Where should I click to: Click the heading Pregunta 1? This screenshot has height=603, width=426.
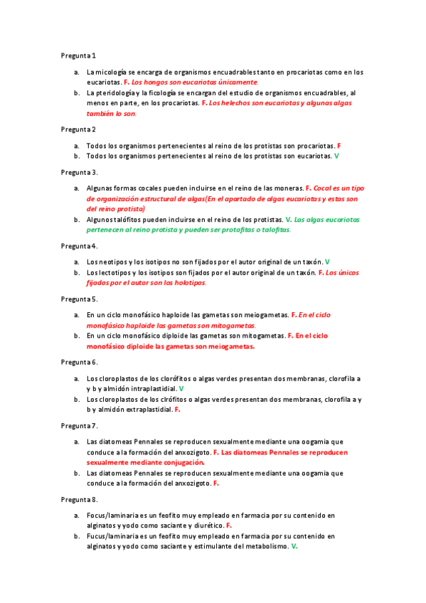click(x=78, y=55)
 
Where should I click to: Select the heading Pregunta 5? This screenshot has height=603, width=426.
click(x=79, y=299)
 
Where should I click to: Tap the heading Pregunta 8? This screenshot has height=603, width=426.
click(x=79, y=499)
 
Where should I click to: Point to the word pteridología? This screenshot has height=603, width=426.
click(x=117, y=92)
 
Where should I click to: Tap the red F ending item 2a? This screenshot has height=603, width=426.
click(x=339, y=144)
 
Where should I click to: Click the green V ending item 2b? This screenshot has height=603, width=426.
click(x=336, y=155)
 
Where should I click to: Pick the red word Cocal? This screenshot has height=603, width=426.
click(x=324, y=188)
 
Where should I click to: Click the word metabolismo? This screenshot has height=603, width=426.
click(x=262, y=546)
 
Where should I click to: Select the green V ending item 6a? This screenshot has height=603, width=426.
click(x=181, y=389)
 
